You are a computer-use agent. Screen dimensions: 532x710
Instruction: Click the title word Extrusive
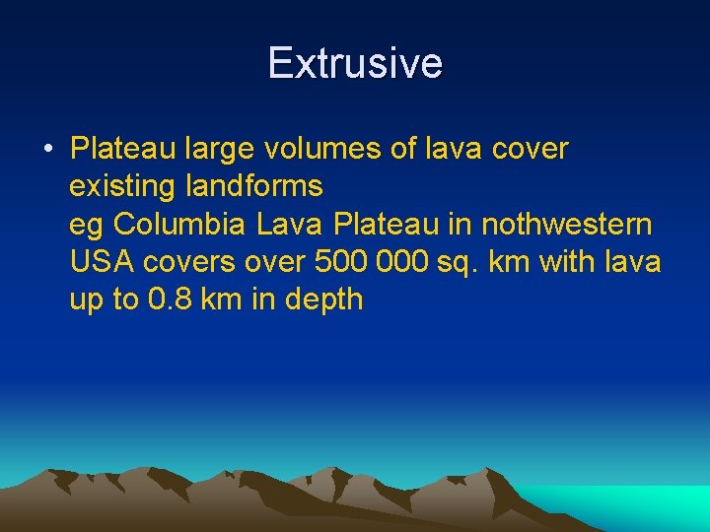355,63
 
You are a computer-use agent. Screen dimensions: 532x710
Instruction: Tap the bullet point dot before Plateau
47,150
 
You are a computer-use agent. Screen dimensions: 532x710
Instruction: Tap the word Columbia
180,224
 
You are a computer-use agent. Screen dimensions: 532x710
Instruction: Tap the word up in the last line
86,300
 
